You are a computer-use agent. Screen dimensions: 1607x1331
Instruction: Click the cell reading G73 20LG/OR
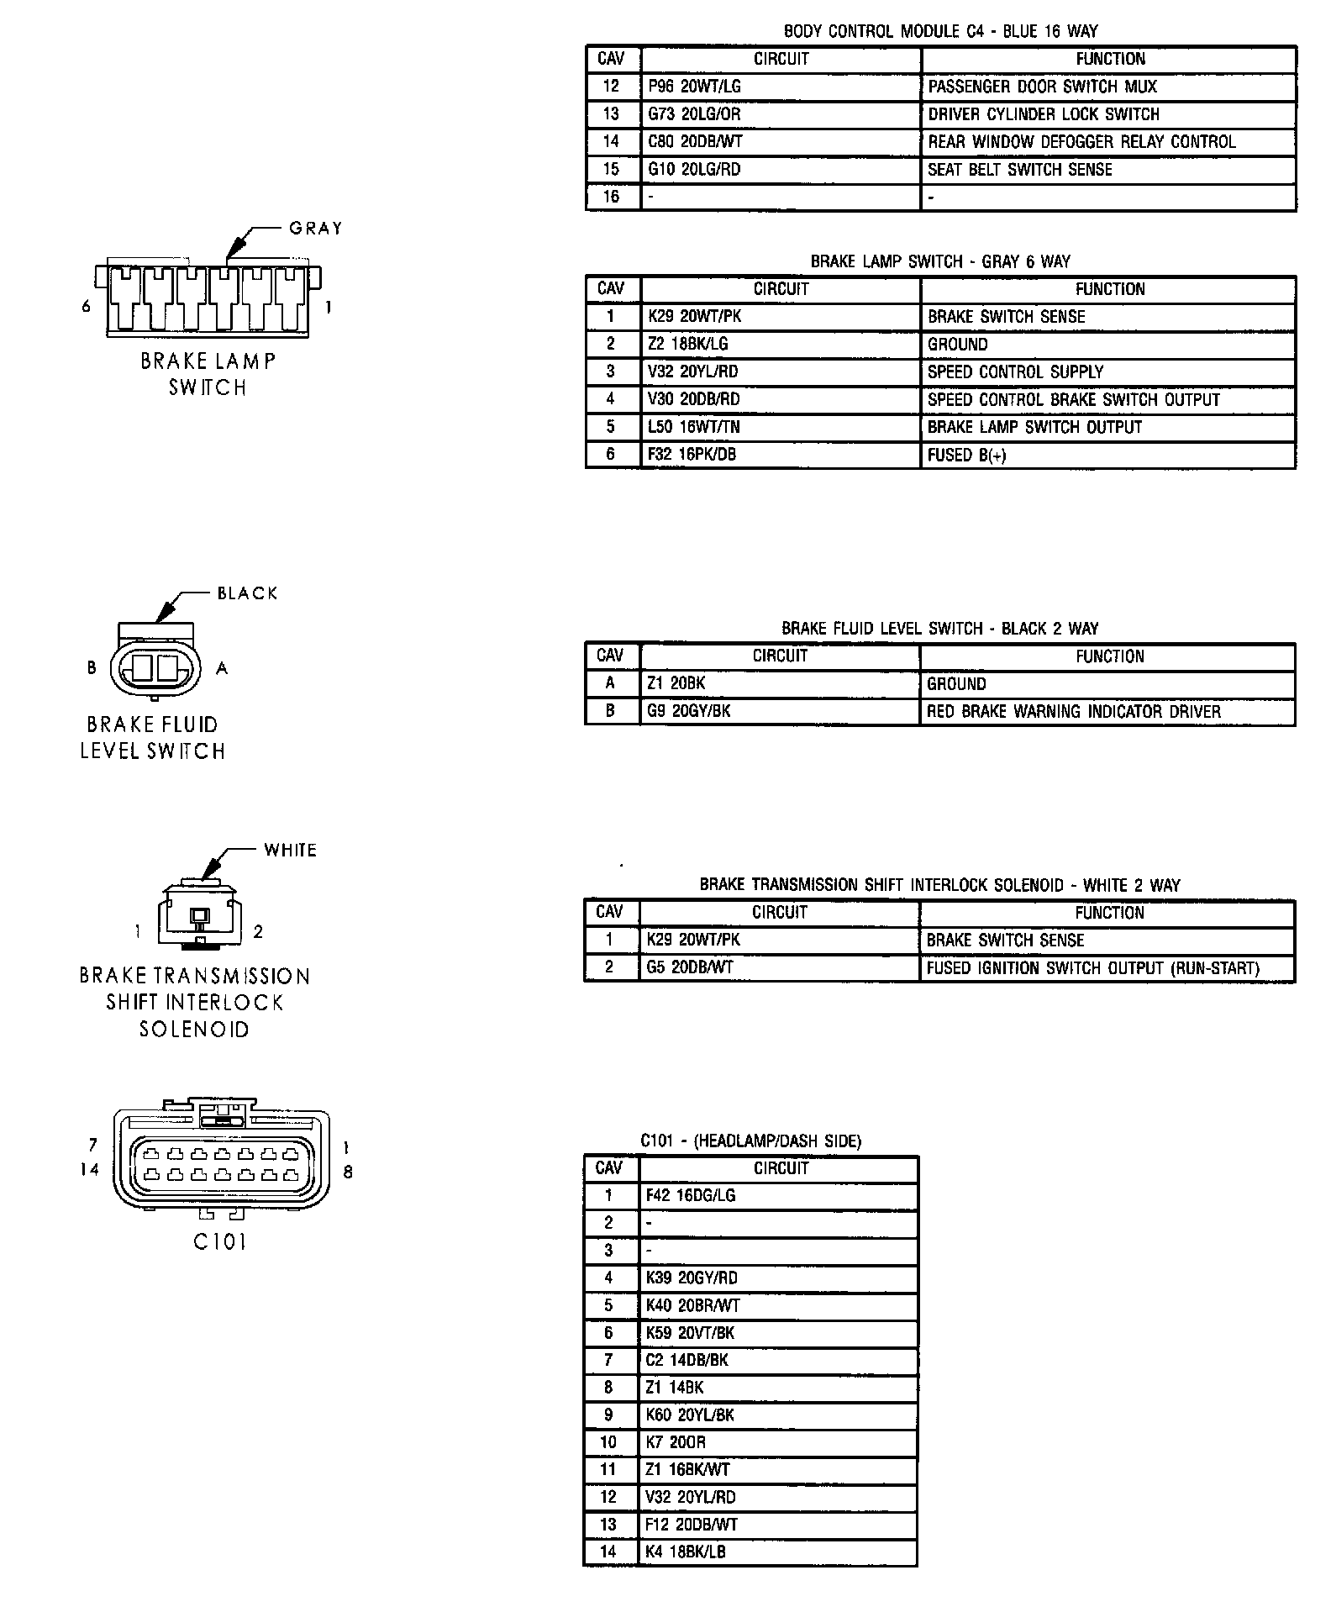(x=694, y=114)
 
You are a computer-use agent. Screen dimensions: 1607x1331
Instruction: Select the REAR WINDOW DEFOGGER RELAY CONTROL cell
(x=1081, y=142)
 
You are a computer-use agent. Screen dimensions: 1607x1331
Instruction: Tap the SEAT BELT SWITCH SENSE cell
(x=1019, y=170)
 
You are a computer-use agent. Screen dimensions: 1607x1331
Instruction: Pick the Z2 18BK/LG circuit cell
(x=688, y=345)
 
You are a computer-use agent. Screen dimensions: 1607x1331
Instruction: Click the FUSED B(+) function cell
(x=966, y=455)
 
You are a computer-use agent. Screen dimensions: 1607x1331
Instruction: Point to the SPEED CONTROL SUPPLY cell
(x=1015, y=372)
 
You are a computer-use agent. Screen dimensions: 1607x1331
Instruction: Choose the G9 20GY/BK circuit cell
(x=688, y=711)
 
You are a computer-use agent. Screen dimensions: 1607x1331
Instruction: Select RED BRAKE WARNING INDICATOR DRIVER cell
(x=1073, y=712)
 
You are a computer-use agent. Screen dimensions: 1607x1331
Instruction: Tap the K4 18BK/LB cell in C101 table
(x=685, y=1552)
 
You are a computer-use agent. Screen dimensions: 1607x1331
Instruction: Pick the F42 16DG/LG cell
(x=690, y=1195)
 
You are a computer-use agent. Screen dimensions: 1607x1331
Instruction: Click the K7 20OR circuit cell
(x=676, y=1442)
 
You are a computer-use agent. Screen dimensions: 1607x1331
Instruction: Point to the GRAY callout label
(x=316, y=229)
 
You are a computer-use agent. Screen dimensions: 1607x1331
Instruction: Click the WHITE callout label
(x=290, y=851)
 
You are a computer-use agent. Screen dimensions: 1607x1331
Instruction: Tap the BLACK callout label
(x=247, y=593)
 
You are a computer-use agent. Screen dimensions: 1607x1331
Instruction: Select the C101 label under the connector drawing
(x=220, y=1241)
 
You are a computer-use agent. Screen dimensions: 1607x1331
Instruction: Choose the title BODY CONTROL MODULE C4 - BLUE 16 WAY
(x=940, y=32)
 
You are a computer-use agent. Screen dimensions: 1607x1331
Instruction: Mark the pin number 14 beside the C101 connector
(x=90, y=1169)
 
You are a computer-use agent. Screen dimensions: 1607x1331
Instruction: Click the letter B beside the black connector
(x=92, y=668)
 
